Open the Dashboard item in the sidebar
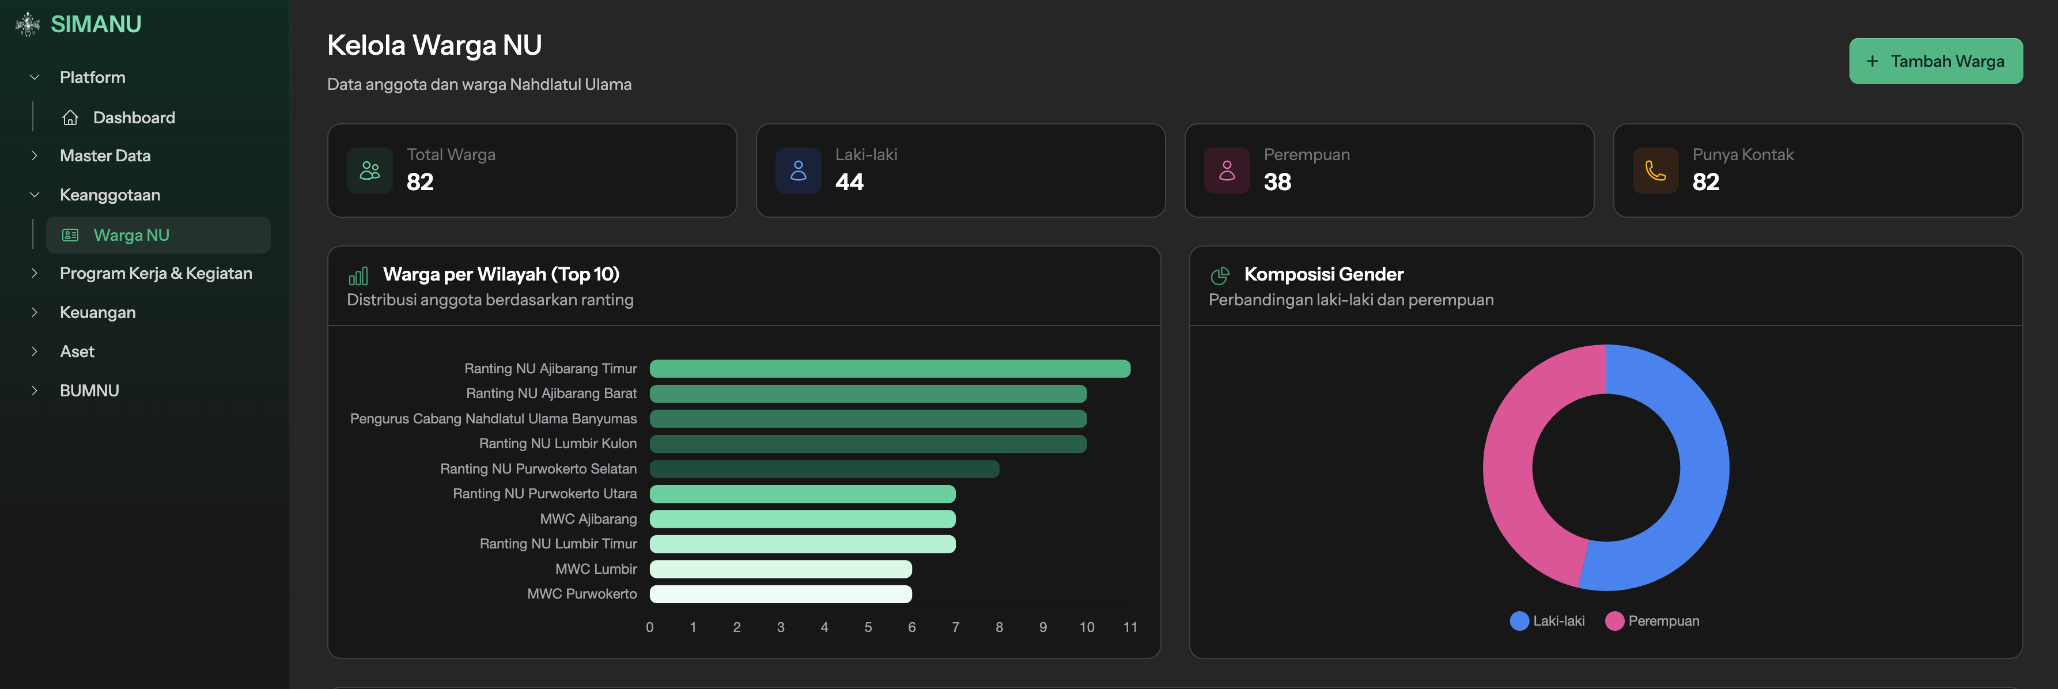tap(134, 118)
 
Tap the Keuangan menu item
tap(97, 313)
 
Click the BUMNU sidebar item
tap(89, 391)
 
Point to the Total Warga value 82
tap(420, 182)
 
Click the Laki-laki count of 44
tap(849, 182)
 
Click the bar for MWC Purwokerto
tap(781, 594)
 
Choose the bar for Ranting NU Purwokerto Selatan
tap(824, 469)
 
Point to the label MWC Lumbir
tap(596, 569)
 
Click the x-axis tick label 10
tap(1087, 627)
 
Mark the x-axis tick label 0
tap(649, 627)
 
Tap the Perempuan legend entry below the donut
tap(1653, 621)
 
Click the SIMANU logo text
tap(96, 25)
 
